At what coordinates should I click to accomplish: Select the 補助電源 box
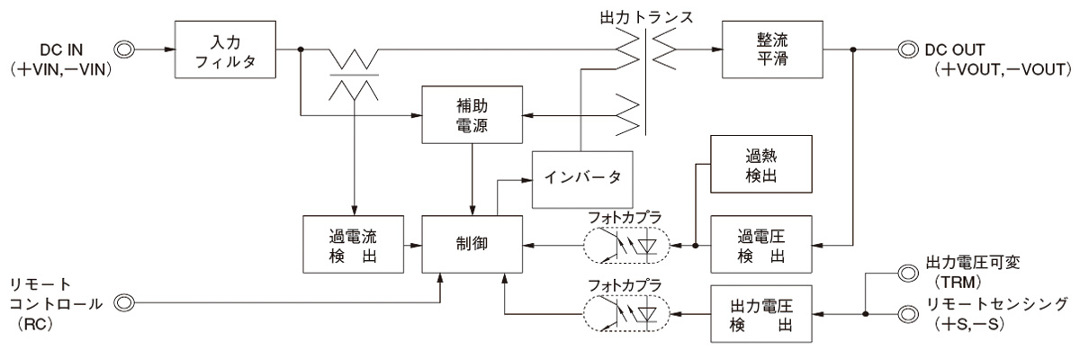pyautogui.click(x=472, y=115)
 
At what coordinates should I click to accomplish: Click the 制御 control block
pyautogui.click(x=472, y=243)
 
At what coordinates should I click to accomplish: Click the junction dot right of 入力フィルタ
pyautogui.click(x=300, y=49)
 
